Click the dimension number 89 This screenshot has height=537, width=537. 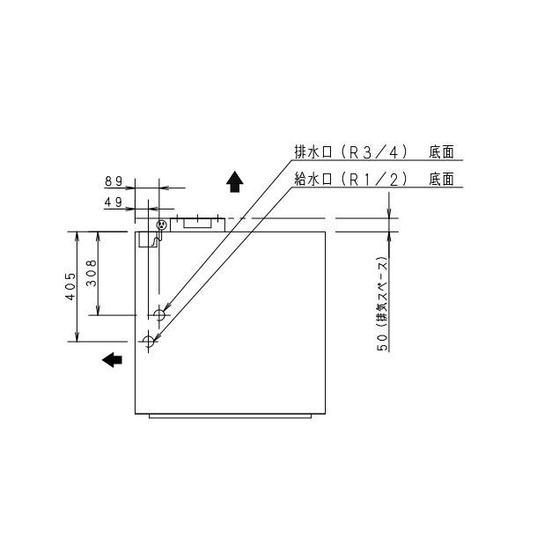[x=114, y=180]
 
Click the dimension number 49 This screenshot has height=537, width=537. [x=114, y=202]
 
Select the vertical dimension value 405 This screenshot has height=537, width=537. [x=70, y=287]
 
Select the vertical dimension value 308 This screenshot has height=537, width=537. [x=91, y=276]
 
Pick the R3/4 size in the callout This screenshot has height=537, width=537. [x=370, y=151]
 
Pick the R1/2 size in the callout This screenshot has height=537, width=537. [x=370, y=179]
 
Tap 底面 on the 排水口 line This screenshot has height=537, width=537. [x=442, y=151]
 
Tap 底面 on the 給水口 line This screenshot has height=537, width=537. [x=442, y=179]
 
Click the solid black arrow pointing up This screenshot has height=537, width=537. [x=234, y=181]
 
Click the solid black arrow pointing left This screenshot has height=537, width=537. [x=112, y=359]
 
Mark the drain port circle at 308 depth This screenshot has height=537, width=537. [x=159, y=314]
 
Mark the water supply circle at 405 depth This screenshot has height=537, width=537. [x=148, y=341]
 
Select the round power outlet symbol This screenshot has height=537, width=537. [x=160, y=225]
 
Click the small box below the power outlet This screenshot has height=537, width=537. [x=147, y=240]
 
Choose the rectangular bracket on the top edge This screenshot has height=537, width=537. [x=197, y=223]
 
